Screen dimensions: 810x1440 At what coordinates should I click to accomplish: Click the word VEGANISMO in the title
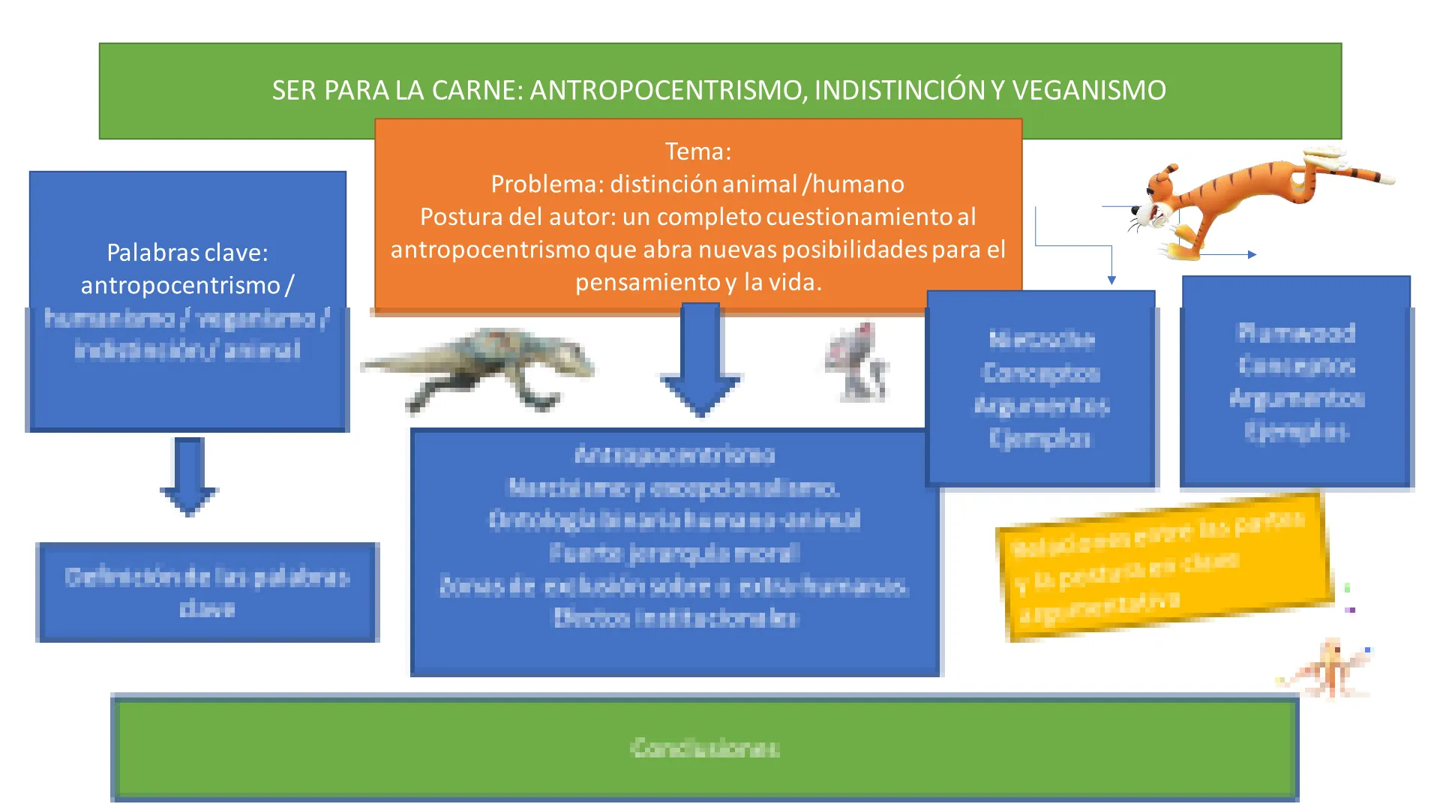(1089, 90)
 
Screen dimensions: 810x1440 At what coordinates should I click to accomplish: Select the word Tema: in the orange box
(698, 151)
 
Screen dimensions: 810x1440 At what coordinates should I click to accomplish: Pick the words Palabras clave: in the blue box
(187, 253)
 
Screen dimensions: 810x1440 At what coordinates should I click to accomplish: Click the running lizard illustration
(480, 367)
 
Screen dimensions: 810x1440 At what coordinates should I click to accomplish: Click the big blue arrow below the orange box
(701, 360)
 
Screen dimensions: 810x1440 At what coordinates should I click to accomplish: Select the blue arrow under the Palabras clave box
(188, 476)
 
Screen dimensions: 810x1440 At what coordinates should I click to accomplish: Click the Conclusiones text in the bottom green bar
(705, 748)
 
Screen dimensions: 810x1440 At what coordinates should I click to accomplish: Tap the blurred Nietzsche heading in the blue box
(1042, 340)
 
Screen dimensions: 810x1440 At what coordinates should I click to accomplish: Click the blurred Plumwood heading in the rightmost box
(1296, 332)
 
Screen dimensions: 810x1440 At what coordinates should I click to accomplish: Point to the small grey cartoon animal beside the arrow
(859, 361)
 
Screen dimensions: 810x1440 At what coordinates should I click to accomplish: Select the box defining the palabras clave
(207, 592)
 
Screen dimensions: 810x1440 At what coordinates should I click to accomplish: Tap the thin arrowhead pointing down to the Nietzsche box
(1111, 280)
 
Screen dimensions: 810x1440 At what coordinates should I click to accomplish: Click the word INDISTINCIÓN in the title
(900, 90)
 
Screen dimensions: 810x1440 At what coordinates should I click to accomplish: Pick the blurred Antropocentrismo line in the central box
(675, 454)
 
